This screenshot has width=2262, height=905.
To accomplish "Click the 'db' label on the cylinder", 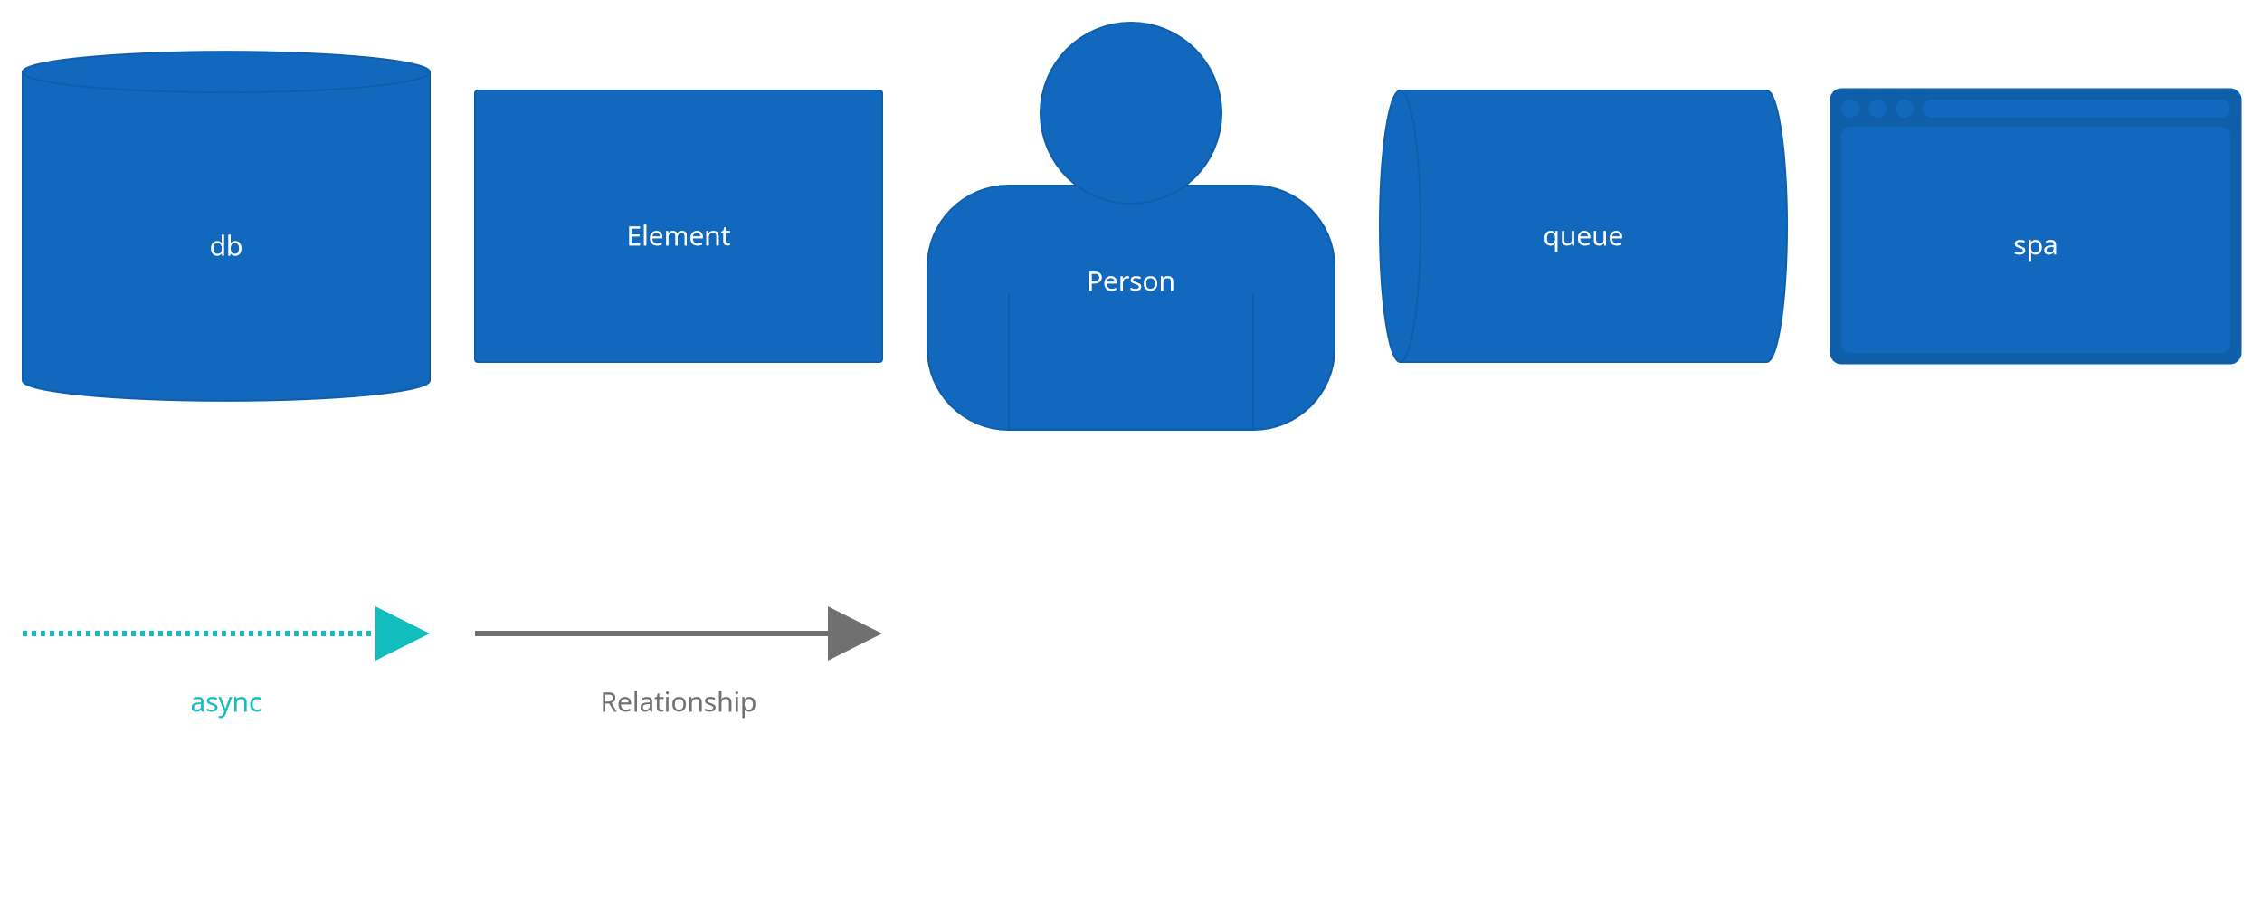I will click(x=226, y=246).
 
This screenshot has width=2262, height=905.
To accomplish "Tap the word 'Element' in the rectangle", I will click(x=679, y=236).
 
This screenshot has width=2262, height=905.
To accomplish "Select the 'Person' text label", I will click(x=1131, y=281).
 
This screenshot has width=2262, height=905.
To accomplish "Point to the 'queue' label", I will click(x=1583, y=236).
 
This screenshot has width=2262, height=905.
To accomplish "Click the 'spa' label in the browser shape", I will click(x=2036, y=245).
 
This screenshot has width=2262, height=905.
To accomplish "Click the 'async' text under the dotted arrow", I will click(x=226, y=702).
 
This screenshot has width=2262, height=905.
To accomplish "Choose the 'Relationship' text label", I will click(x=679, y=702).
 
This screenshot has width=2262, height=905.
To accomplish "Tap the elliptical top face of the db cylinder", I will click(x=226, y=71).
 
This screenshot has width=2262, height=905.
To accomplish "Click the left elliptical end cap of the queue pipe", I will click(x=1400, y=226).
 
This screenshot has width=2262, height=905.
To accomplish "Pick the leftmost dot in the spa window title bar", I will click(x=1850, y=109).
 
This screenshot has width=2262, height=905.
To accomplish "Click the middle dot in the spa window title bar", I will click(x=1877, y=109).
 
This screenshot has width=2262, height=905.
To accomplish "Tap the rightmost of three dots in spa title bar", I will click(x=1905, y=109).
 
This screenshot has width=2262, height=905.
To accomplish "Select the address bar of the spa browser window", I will click(x=2077, y=109).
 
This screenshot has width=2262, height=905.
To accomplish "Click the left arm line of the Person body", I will click(x=1009, y=362).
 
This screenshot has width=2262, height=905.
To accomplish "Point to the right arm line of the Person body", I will click(x=1253, y=362).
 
